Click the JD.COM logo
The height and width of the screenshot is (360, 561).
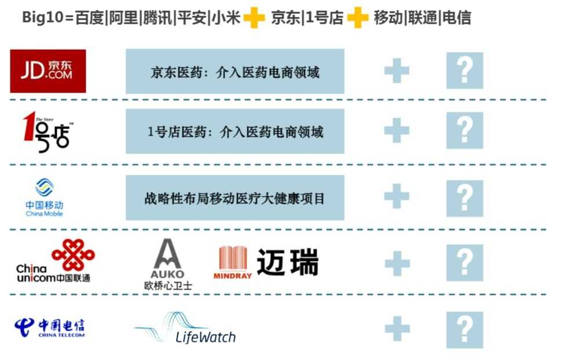48,71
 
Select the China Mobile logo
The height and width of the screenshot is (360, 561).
45,197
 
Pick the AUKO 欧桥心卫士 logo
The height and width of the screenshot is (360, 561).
168,264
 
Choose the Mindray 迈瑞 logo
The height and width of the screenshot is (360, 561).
266,263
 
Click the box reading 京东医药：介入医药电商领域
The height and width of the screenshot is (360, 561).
234,72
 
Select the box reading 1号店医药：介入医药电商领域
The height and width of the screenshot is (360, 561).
234,132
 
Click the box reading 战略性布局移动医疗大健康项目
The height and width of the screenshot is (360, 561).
234,199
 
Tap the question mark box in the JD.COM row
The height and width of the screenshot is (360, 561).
464,71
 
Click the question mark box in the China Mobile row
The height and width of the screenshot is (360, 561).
464,199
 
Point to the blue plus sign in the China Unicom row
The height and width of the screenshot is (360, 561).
397,263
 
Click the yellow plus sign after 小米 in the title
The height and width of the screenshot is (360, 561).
254,18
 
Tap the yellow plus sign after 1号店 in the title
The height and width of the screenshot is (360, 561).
357,18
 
